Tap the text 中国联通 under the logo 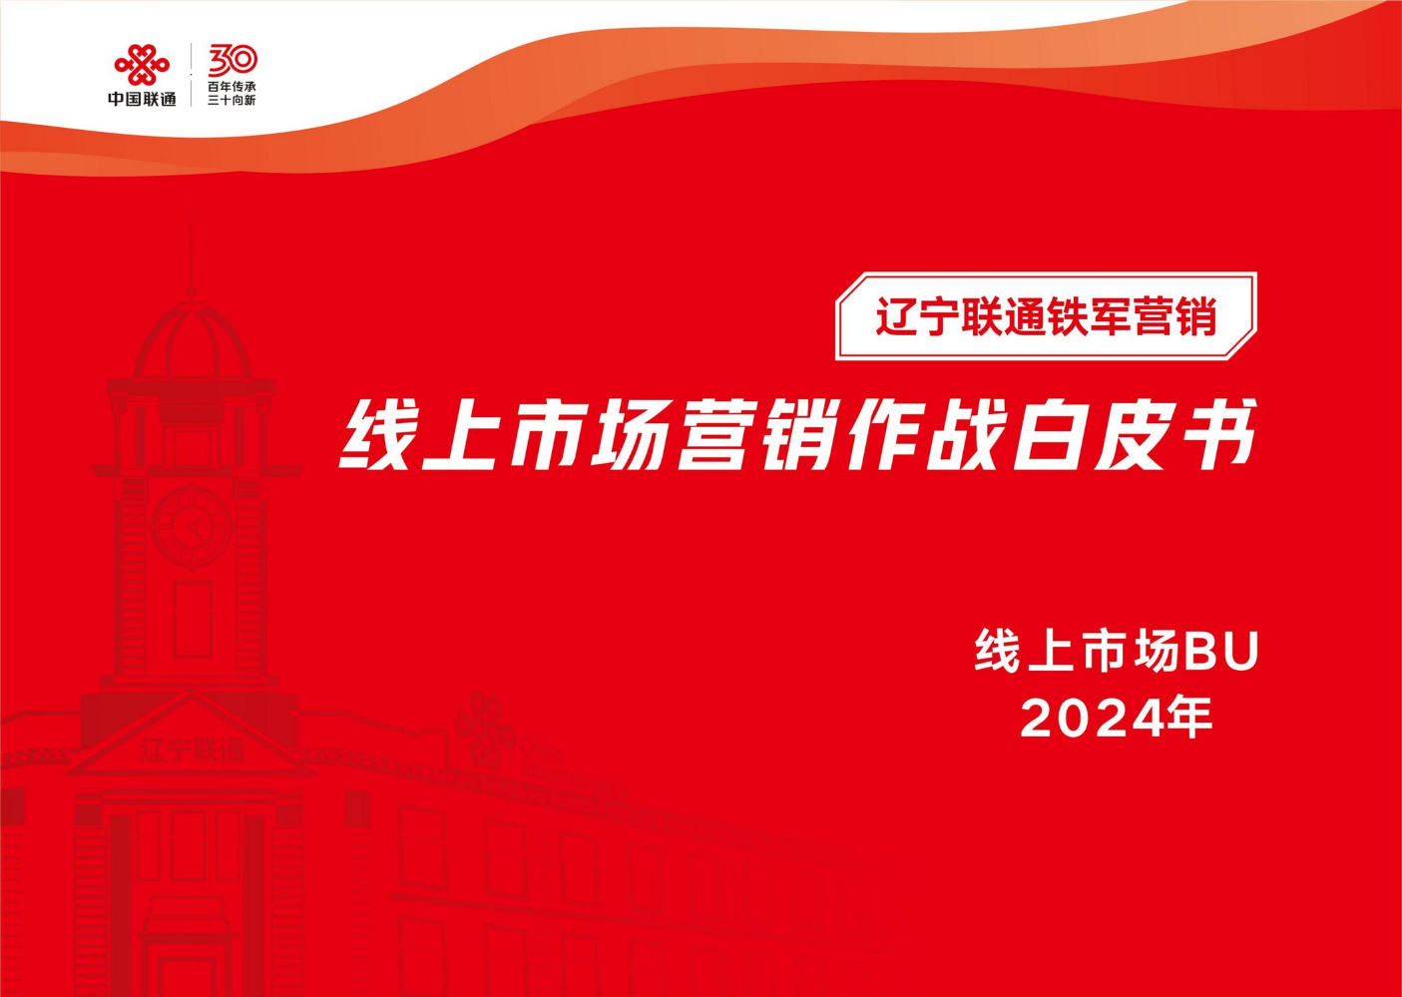(142, 98)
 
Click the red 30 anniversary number (233, 61)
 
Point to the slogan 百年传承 (233, 87)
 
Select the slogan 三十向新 (233, 100)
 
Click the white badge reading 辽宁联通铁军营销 (1047, 316)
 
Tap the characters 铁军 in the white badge (1088, 317)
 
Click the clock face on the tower (192, 528)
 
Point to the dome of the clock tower (191, 341)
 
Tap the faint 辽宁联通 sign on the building (192, 749)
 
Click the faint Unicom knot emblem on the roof (479, 727)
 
